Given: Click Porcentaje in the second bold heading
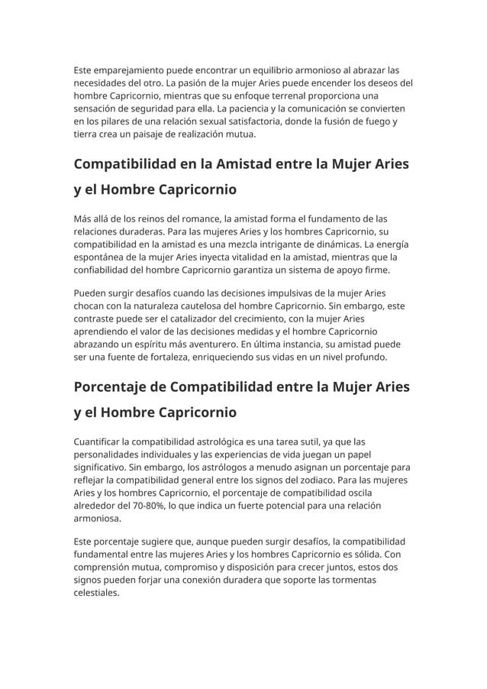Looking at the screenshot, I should click(114, 387).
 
